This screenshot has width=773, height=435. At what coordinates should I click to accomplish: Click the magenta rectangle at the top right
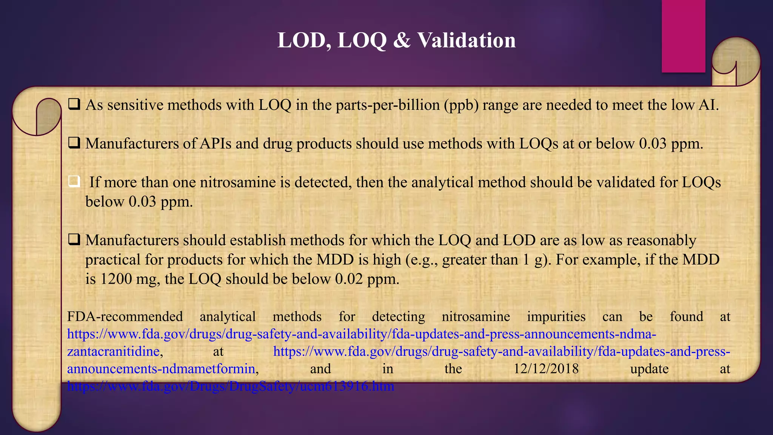(683, 36)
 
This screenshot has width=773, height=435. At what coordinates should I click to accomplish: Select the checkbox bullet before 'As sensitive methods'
(74, 104)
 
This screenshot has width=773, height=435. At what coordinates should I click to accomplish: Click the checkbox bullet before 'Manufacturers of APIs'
(74, 143)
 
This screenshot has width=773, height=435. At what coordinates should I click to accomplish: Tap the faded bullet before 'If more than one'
(74, 182)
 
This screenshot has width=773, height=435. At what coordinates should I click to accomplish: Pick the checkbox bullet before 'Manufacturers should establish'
(74, 240)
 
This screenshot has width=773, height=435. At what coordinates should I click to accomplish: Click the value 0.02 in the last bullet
(349, 279)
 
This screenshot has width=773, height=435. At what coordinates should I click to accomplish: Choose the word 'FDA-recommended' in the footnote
(125, 316)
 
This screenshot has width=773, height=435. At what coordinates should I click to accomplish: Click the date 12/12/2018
(546, 369)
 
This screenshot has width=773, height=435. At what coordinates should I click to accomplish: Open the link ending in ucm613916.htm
(231, 386)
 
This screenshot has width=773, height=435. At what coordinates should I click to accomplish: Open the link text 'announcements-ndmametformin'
(161, 369)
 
